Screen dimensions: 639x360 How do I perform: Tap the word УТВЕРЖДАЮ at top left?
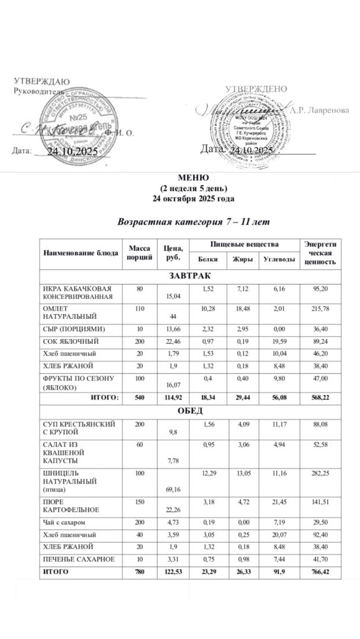click(42, 81)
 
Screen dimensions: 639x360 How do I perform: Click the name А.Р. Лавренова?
click(319, 110)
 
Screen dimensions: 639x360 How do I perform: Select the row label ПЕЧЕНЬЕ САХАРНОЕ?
click(76, 559)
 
